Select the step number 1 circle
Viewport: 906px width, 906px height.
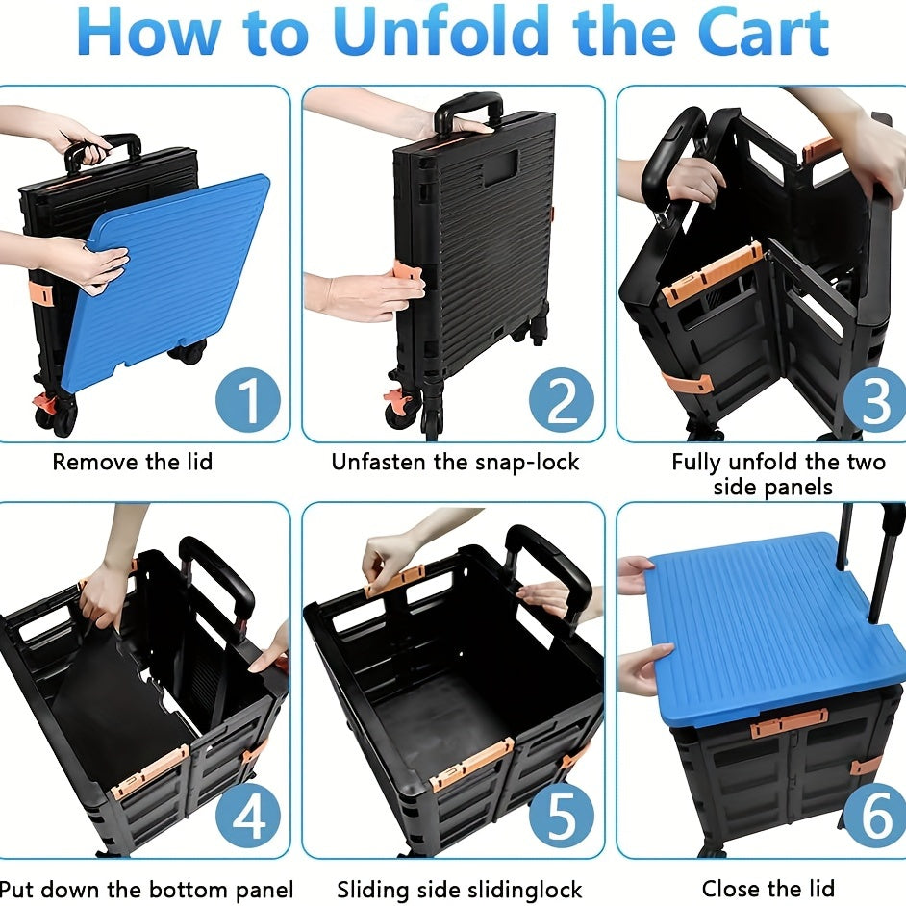pos(248,400)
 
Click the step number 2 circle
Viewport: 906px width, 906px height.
pos(561,400)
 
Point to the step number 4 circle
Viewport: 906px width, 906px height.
pos(248,816)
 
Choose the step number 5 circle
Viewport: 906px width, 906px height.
pos(561,816)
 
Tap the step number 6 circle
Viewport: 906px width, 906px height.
pos(875,816)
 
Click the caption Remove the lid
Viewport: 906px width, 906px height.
pos(133,462)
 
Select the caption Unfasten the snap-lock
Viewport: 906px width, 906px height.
pos(455,462)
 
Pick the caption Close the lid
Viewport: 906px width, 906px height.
pos(768,888)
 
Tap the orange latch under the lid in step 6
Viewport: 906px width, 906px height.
pos(789,722)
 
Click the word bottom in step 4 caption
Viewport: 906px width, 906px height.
pos(177,889)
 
